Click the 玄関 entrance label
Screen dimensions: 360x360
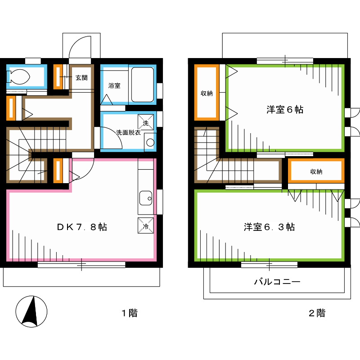click(x=81, y=77)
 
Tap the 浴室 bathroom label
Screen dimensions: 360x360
click(x=114, y=85)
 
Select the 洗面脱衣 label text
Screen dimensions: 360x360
click(x=128, y=133)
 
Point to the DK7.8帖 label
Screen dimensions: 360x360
click(x=81, y=227)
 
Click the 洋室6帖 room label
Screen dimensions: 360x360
click(x=284, y=109)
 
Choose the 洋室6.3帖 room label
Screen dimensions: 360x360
click(x=269, y=227)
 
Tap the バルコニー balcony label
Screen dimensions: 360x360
click(x=277, y=282)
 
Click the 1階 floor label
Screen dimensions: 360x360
click(x=130, y=313)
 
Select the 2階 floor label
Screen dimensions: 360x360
click(x=317, y=313)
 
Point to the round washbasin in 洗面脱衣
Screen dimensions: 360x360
click(x=150, y=143)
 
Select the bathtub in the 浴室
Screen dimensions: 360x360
click(x=143, y=85)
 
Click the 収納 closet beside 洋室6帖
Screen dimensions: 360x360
click(x=207, y=93)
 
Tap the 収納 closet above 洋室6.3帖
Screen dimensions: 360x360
click(x=316, y=171)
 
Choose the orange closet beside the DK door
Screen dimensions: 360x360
click(x=58, y=171)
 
